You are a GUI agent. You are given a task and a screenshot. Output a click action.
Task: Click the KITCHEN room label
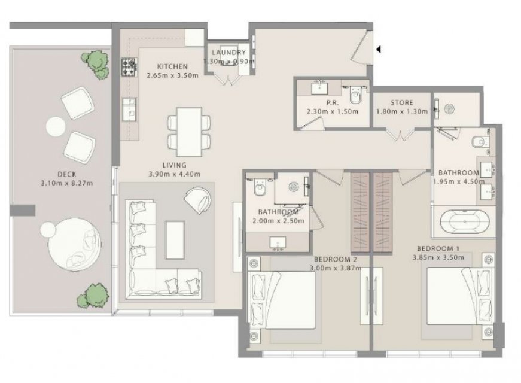pyautogui.click(x=172, y=66)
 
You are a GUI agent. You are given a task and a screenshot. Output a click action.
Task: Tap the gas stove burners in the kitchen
pyautogui.click(x=129, y=68)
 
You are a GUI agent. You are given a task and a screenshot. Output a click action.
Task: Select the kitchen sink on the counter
pyautogui.click(x=129, y=109)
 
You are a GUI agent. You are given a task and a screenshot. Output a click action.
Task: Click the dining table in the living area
pyautogui.click(x=189, y=132)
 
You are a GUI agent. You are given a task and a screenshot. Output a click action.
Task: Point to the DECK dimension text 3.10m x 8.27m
pyautogui.click(x=67, y=183)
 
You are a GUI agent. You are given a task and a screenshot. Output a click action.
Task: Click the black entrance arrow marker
pyautogui.click(x=378, y=49)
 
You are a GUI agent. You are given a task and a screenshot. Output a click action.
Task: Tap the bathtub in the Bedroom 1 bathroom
pyautogui.click(x=465, y=221)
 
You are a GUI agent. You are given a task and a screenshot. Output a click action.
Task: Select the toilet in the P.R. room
pyautogui.click(x=355, y=95)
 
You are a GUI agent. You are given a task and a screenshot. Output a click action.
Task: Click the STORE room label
pyautogui.click(x=402, y=102)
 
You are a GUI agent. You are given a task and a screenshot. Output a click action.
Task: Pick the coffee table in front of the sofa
pyautogui.click(x=175, y=240)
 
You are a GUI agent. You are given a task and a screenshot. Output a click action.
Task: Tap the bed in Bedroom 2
pyautogui.click(x=282, y=300)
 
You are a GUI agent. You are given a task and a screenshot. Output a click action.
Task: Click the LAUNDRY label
pyautogui.click(x=228, y=53)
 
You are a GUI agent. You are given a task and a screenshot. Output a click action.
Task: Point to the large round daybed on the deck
pyautogui.click(x=74, y=244)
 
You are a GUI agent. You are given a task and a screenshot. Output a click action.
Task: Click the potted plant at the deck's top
pyautogui.click(x=96, y=64)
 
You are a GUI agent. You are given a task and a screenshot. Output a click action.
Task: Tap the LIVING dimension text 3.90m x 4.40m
pyautogui.click(x=175, y=174)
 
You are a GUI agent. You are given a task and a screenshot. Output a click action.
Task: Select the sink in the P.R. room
pyautogui.click(x=319, y=88)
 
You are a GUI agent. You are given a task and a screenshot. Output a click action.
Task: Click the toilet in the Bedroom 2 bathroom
pyautogui.click(x=260, y=187)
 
